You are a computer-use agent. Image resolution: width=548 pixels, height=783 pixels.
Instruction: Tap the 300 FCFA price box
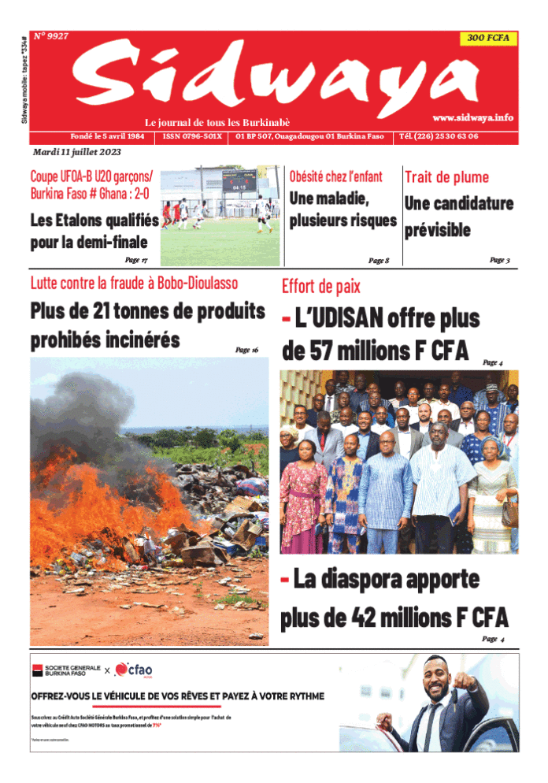(x=487, y=38)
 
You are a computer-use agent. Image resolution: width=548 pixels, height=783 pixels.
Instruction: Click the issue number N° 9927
(x=51, y=36)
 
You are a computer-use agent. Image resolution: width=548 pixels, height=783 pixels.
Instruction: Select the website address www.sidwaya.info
(x=472, y=117)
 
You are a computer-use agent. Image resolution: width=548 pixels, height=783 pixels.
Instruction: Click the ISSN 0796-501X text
(x=192, y=136)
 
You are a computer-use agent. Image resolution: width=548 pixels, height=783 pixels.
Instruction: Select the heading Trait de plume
(x=446, y=177)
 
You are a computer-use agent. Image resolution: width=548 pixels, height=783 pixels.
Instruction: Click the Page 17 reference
(x=135, y=259)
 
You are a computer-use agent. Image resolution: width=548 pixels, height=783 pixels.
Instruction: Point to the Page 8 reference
(x=379, y=260)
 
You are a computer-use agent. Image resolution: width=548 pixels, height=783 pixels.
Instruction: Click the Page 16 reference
(x=246, y=349)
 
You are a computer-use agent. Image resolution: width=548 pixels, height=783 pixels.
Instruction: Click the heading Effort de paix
(x=321, y=287)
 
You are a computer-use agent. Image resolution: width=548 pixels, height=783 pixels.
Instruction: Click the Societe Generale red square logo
(x=36, y=670)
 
